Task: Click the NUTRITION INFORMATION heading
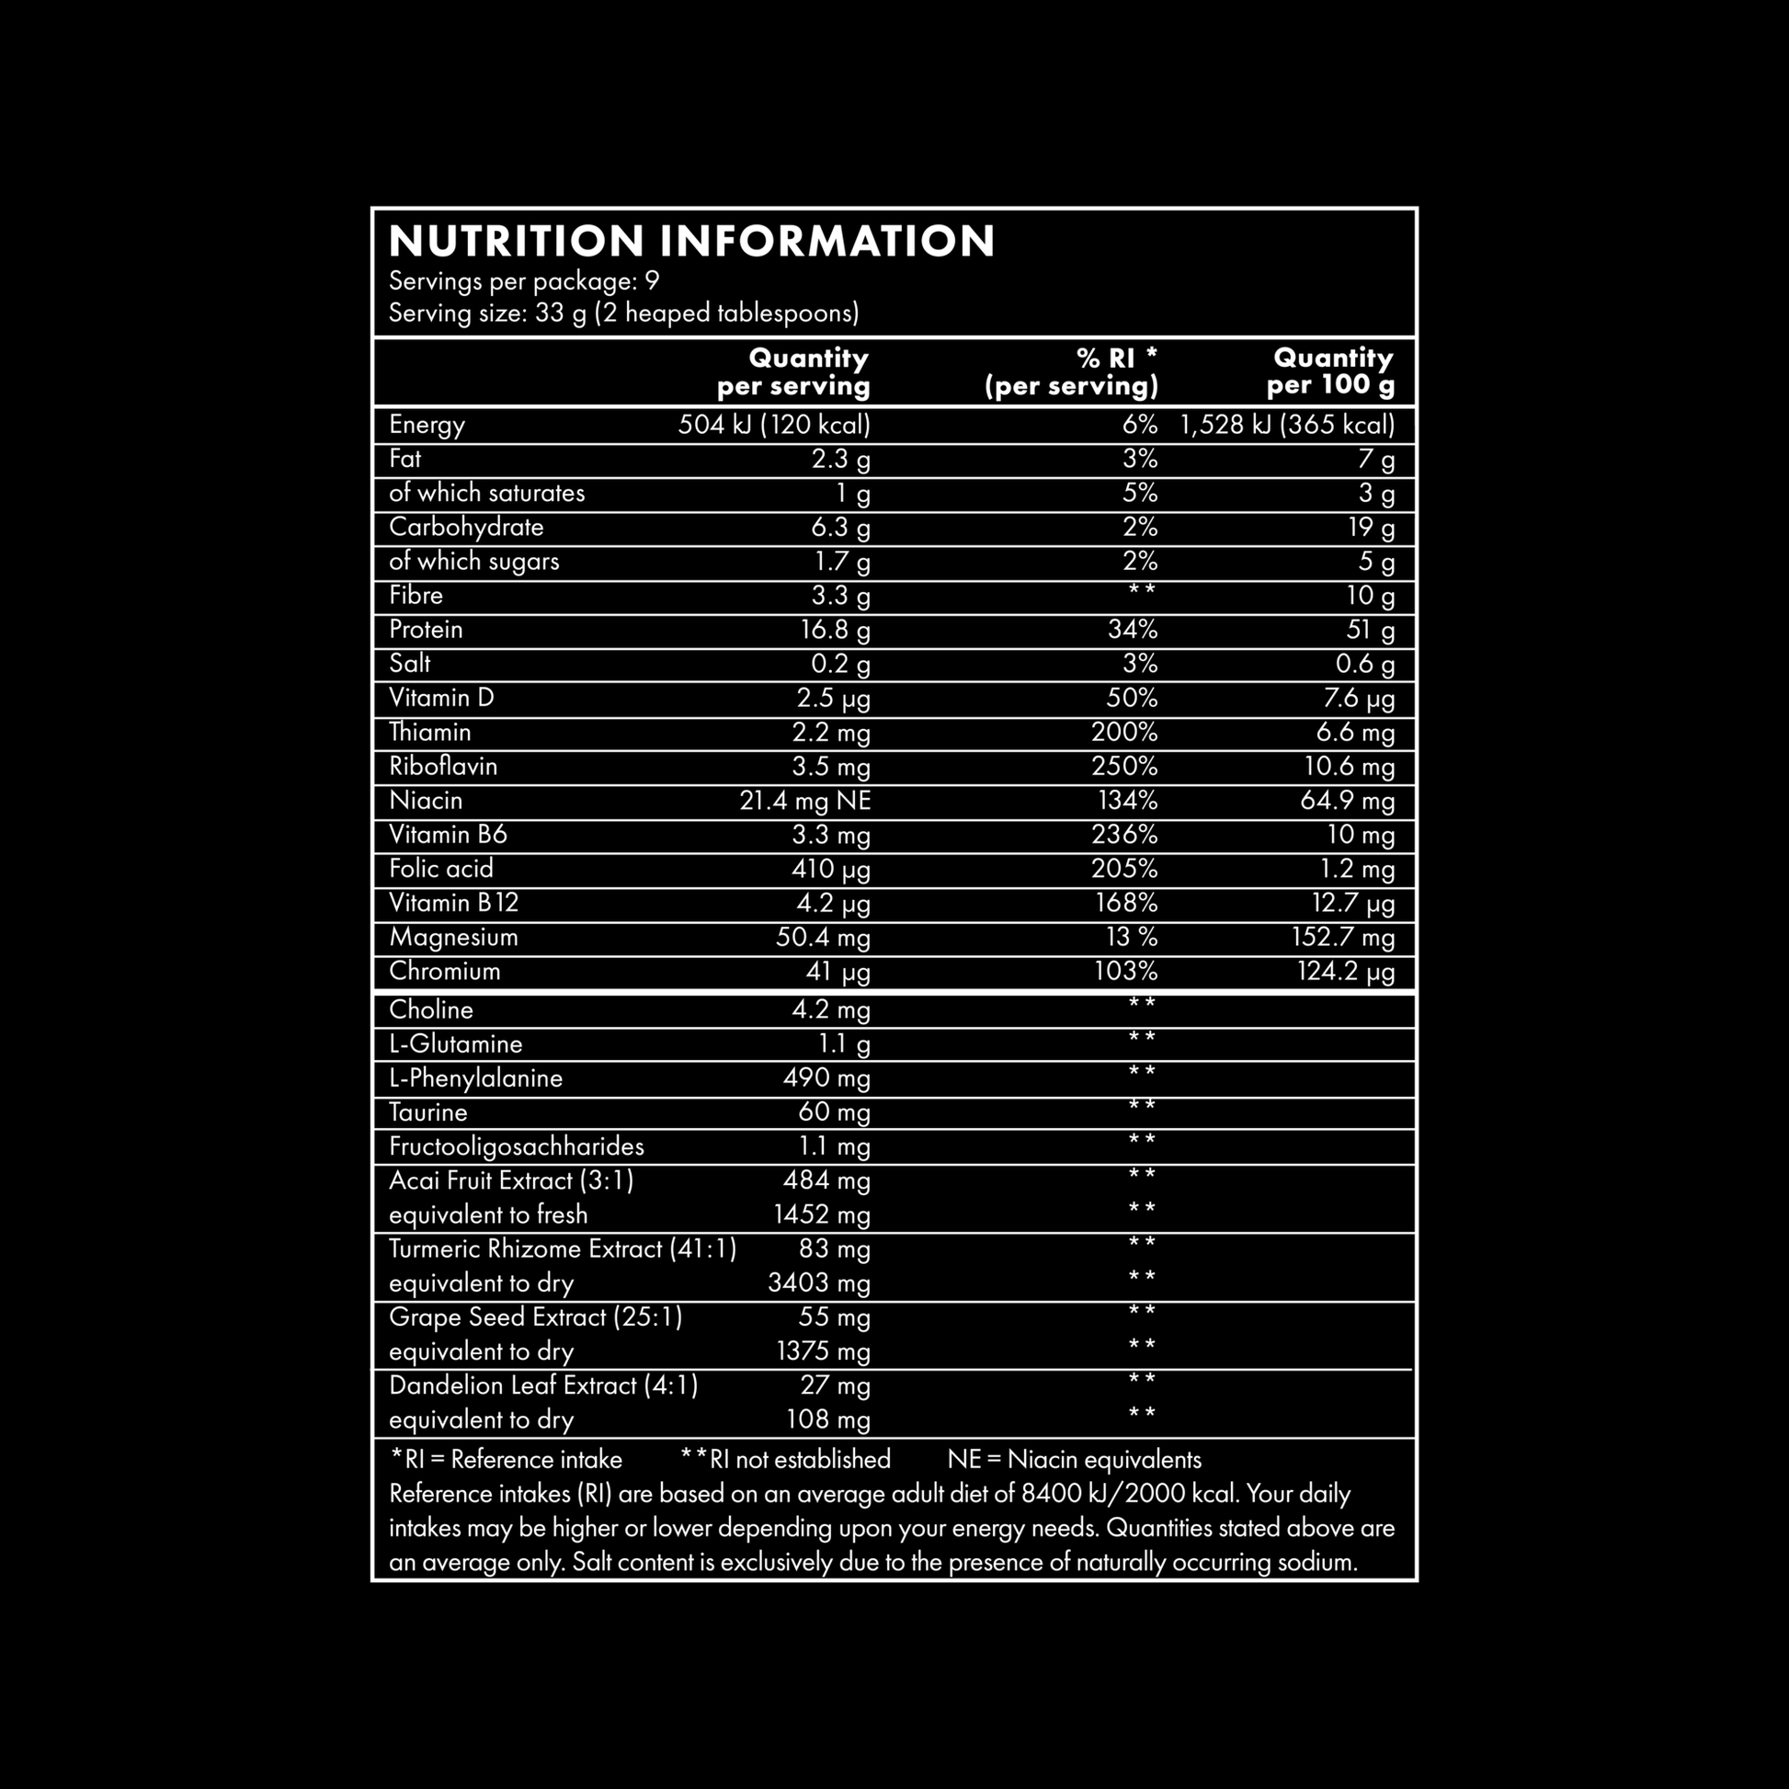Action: click(690, 241)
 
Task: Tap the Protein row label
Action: click(426, 630)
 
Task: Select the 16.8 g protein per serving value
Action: click(835, 631)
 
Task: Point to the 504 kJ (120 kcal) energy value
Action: click(773, 425)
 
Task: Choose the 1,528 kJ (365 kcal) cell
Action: click(1286, 425)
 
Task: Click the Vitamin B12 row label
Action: click(454, 903)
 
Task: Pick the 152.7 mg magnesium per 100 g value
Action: click(1343, 937)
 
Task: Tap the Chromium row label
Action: click(444, 972)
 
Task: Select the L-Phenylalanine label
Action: click(475, 1077)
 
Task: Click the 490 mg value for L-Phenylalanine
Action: click(826, 1077)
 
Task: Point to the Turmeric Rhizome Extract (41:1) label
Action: click(562, 1249)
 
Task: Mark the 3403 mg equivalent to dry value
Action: click(818, 1283)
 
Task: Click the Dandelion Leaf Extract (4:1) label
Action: click(543, 1385)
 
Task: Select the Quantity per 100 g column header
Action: click(1330, 371)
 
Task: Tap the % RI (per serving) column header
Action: click(1071, 371)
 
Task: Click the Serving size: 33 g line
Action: click(623, 313)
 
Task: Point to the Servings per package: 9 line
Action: click(523, 280)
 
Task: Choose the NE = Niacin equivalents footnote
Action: click(1074, 1460)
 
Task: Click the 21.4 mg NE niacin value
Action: click(804, 801)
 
